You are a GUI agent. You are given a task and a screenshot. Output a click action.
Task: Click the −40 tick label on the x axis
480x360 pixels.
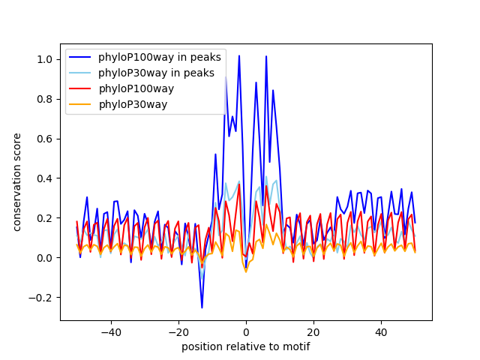tap(110, 332)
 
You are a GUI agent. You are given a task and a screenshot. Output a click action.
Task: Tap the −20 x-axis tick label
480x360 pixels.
tap(178, 332)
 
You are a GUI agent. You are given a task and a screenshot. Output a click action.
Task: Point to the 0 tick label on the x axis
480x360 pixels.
tap(246, 332)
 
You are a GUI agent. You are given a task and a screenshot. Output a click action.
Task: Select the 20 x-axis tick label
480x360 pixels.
tap(313, 332)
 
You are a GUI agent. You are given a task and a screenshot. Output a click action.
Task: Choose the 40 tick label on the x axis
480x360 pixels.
tap(381, 332)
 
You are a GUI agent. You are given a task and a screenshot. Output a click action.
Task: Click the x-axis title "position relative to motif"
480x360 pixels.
tap(245, 346)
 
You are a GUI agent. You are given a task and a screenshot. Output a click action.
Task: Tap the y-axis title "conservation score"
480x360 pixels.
tap(17, 182)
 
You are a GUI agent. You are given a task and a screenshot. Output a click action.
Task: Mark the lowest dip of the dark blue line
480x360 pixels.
tap(202, 307)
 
